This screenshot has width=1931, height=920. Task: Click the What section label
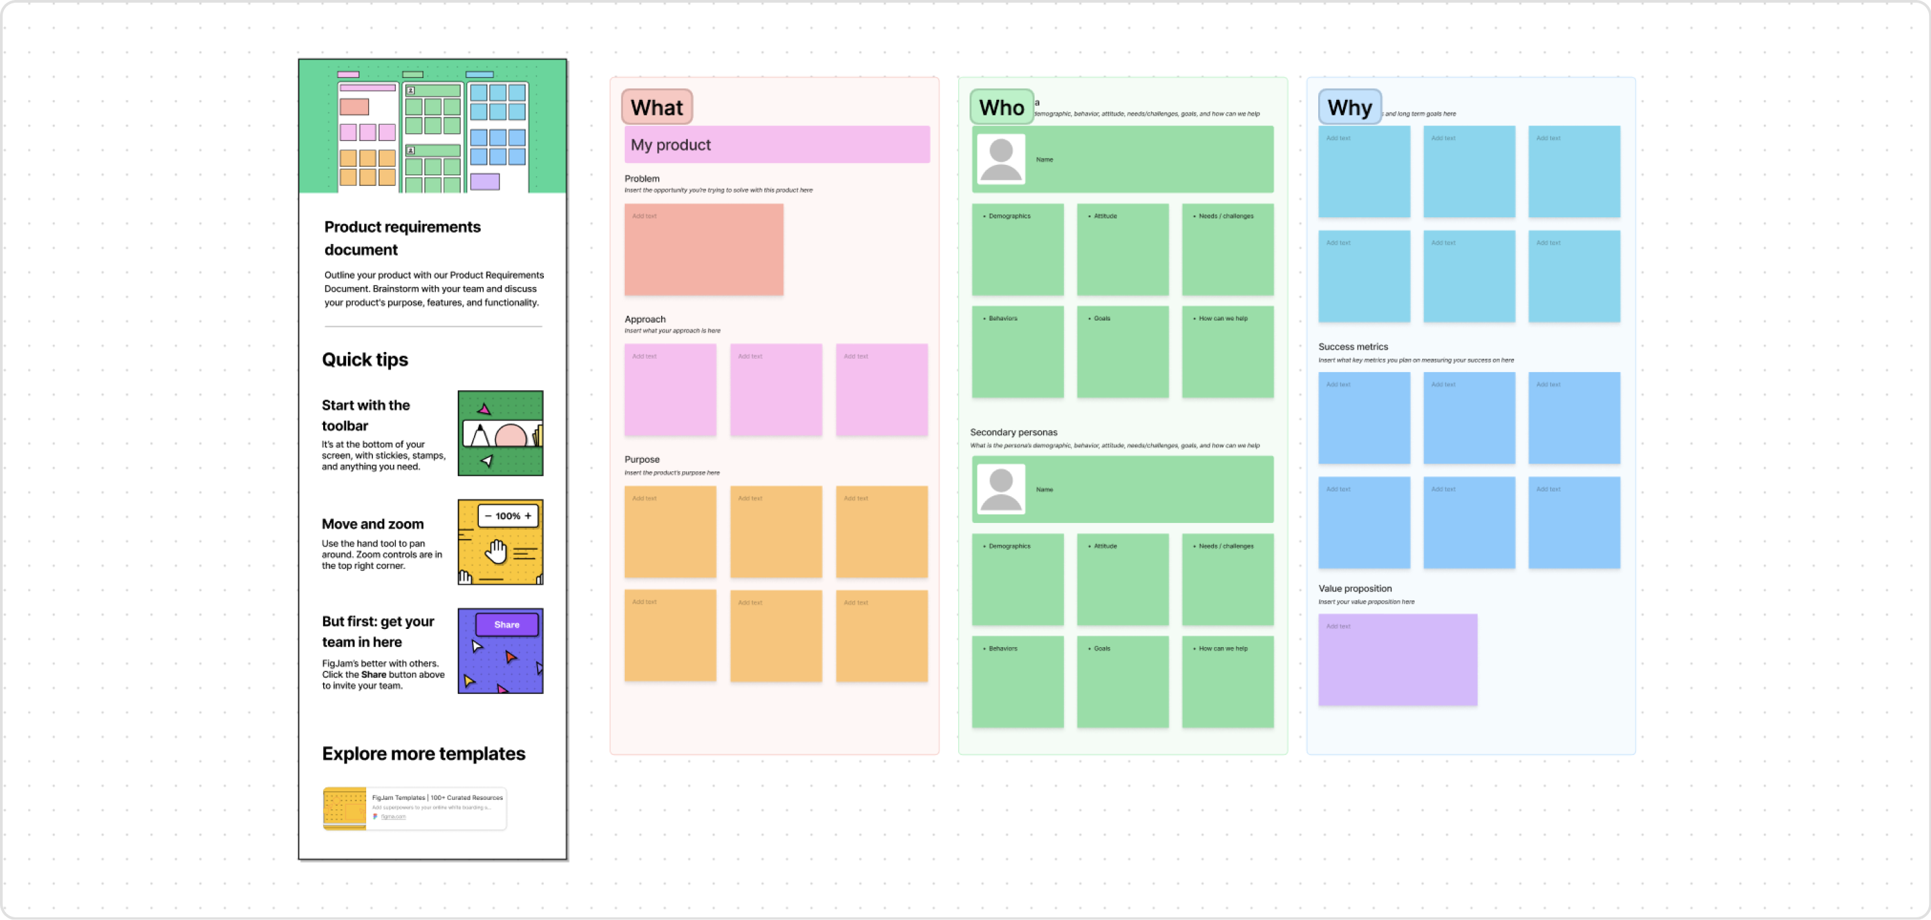click(656, 107)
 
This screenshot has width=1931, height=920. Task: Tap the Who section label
click(1001, 107)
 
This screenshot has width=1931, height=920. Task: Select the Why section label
click(1349, 107)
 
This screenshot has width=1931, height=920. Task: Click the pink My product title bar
click(776, 145)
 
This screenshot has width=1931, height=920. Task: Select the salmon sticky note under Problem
click(703, 249)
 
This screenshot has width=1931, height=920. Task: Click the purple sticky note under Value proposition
click(1397, 660)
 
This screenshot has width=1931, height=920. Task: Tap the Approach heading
click(644, 319)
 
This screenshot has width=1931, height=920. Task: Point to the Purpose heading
click(642, 459)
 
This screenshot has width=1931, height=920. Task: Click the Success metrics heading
click(1353, 347)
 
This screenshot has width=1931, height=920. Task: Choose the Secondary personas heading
click(1014, 433)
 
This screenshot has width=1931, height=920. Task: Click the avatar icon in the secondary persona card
click(1001, 490)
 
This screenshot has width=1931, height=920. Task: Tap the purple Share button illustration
click(507, 624)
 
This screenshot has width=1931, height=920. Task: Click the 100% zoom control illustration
click(508, 516)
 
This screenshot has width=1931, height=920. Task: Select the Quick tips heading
click(365, 360)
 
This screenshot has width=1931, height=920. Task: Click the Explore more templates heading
click(424, 754)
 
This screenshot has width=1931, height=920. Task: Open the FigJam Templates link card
click(414, 808)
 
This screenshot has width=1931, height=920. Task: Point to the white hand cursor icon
click(495, 551)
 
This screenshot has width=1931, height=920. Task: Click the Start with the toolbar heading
click(366, 415)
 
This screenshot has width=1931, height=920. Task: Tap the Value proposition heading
click(1354, 589)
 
